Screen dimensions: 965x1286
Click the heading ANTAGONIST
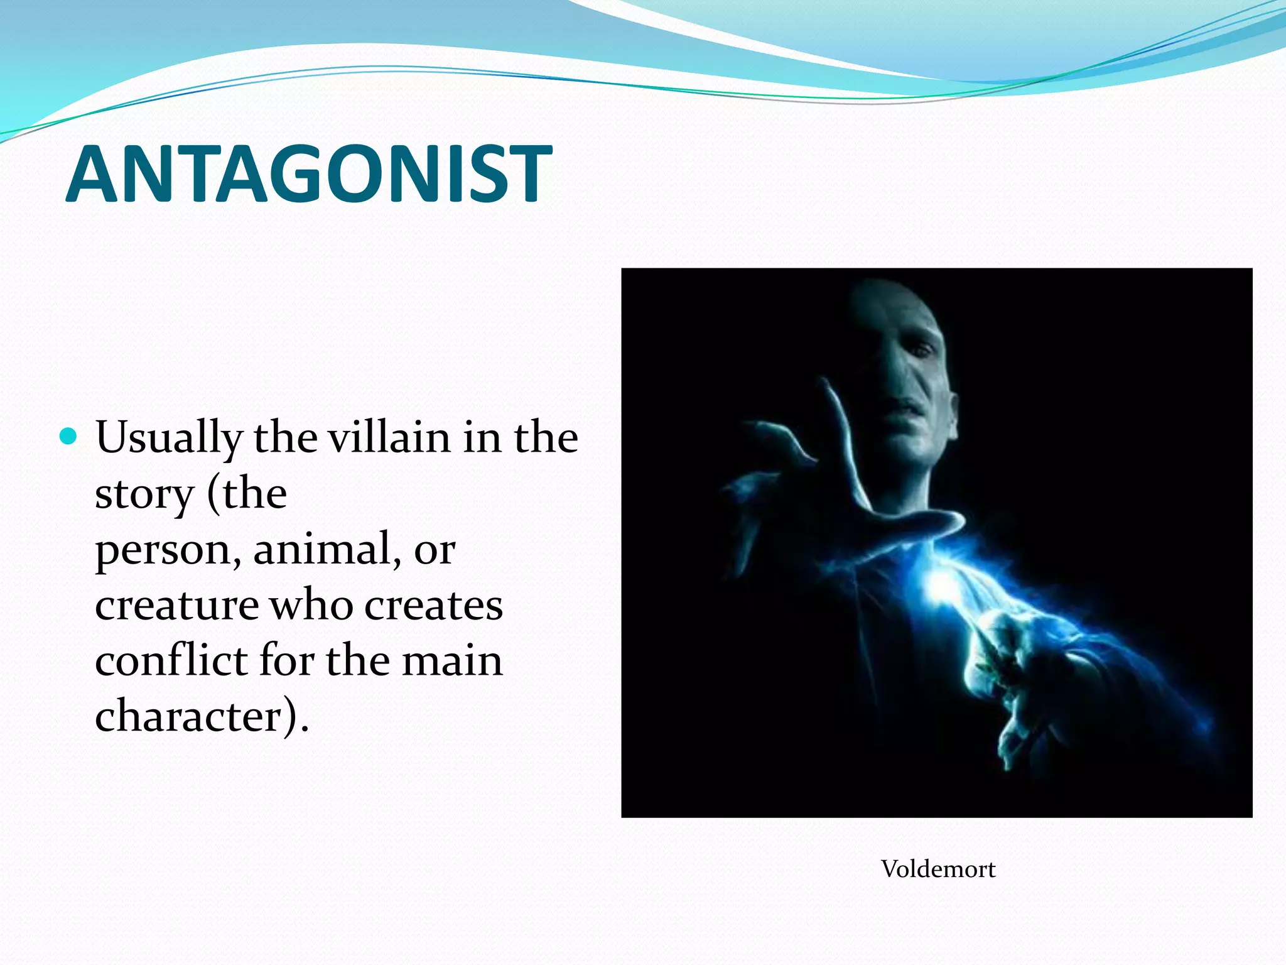point(309,174)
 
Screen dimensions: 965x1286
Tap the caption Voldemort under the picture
point(938,869)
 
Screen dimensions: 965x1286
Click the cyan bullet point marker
point(68,436)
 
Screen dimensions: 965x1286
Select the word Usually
point(168,438)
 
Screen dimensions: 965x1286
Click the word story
point(144,494)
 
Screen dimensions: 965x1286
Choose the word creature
point(176,605)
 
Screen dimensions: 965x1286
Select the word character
point(188,716)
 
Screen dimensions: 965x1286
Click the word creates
point(433,605)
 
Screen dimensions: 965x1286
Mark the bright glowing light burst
point(942,584)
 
